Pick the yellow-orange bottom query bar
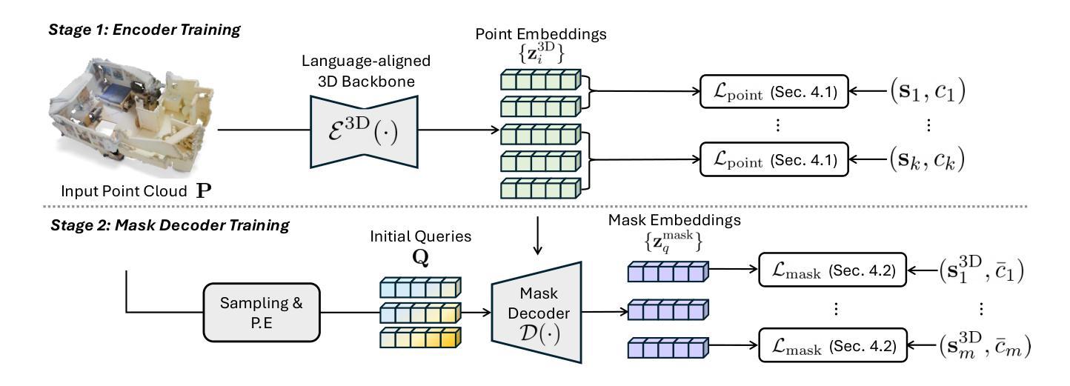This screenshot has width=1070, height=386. (419, 340)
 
